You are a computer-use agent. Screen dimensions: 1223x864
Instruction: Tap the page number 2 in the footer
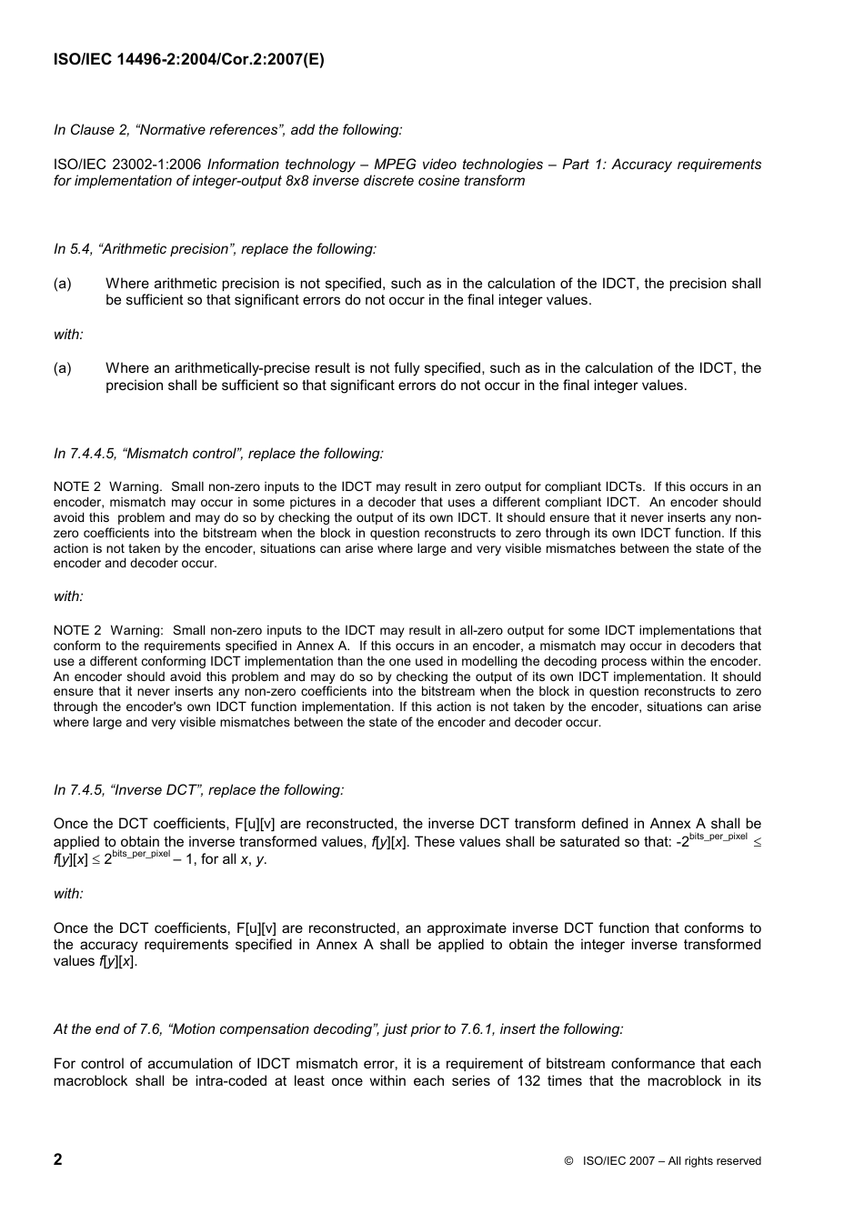[x=58, y=1159]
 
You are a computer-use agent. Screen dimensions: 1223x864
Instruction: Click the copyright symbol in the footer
[x=568, y=1161]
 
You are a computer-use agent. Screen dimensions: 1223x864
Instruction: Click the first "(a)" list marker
[x=63, y=284]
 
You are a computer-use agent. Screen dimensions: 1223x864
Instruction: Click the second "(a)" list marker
[x=63, y=368]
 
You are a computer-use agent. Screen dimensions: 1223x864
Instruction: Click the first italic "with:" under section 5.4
[x=68, y=335]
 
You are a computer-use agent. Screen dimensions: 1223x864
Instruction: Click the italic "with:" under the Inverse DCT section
[x=68, y=894]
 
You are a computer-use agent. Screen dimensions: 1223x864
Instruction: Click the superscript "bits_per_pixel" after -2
[x=718, y=836]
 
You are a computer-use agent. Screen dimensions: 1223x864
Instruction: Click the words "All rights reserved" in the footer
[x=715, y=1161]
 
